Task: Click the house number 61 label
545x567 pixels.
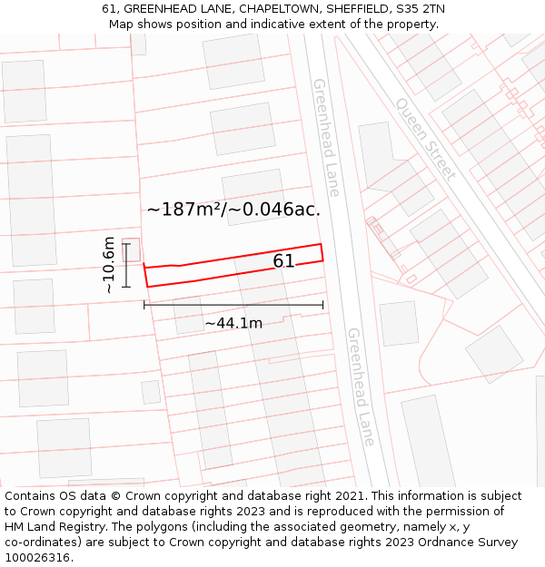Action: (283, 261)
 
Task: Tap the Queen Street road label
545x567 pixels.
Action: (425, 138)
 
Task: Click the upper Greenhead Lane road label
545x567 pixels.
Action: (326, 137)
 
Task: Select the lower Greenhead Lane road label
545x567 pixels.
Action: (361, 386)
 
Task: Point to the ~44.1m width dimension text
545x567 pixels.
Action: (233, 323)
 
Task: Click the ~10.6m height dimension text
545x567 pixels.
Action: (108, 264)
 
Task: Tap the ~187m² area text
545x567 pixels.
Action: (184, 210)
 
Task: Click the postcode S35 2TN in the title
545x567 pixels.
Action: (420, 8)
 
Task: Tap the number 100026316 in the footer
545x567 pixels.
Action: (37, 558)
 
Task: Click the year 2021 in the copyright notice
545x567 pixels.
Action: (349, 496)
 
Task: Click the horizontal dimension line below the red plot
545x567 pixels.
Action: (233, 305)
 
